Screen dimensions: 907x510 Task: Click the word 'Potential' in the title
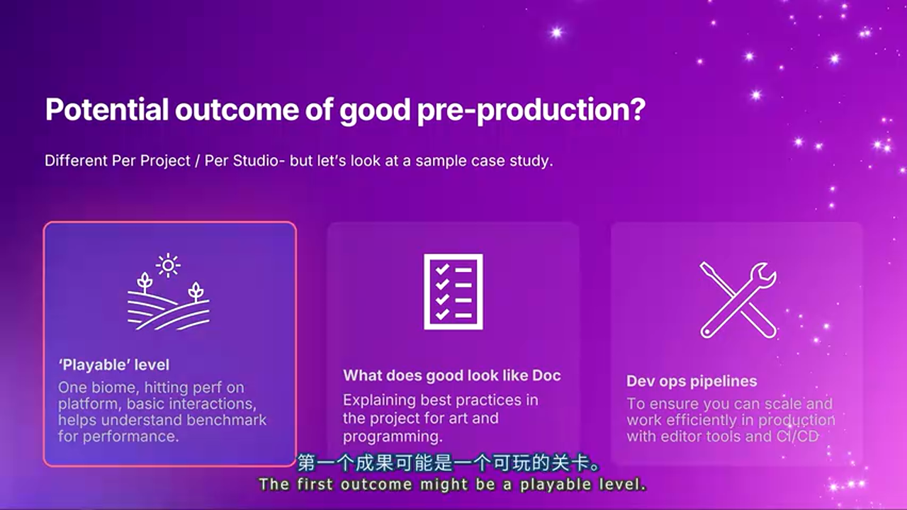pos(107,109)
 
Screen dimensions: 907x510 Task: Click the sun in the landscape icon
pos(168,266)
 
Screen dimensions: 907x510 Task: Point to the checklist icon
pos(453,291)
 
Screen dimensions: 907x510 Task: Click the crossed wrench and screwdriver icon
pos(738,300)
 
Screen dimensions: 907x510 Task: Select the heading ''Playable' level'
pos(114,365)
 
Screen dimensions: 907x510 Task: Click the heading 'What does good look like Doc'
pos(452,375)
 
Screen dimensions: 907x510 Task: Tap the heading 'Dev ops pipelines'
pos(692,381)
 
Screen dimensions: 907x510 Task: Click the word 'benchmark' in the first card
pos(226,420)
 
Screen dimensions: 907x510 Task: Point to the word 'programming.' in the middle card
pos(393,437)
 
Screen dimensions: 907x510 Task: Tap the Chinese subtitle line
pos(449,463)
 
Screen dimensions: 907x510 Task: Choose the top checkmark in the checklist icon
pos(442,269)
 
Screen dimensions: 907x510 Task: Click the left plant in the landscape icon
pos(144,283)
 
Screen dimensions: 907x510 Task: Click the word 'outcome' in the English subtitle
pos(376,484)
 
